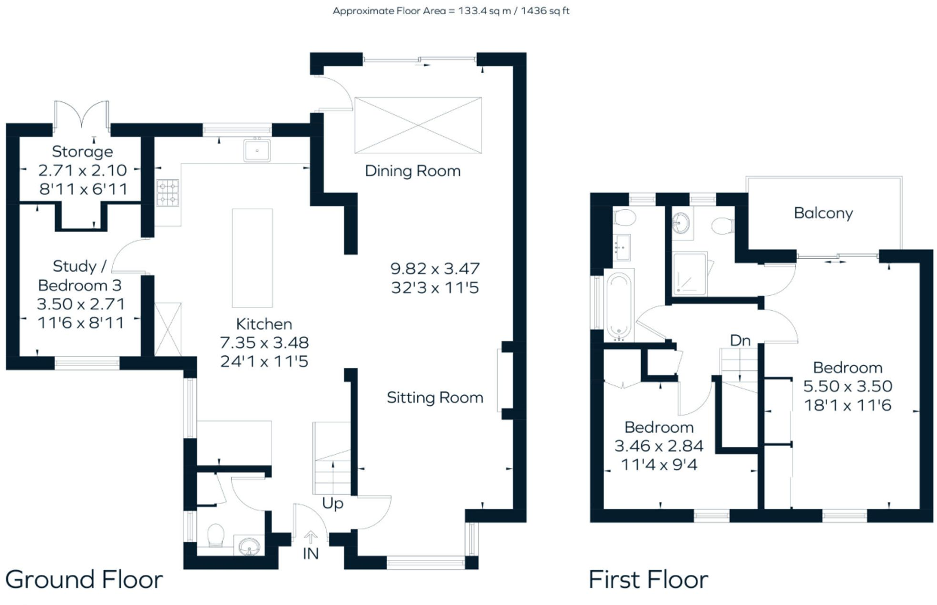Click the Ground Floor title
click(84, 580)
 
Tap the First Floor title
click(648, 580)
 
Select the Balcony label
click(823, 213)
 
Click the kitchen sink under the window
click(257, 151)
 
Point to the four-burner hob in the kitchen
click(168, 193)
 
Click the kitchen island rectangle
click(252, 258)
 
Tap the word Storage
click(82, 152)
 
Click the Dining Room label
click(412, 171)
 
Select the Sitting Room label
click(435, 398)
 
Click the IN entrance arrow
click(310, 538)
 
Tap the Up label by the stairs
click(332, 503)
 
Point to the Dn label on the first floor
click(740, 341)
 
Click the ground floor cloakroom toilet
click(216, 536)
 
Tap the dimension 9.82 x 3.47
click(435, 269)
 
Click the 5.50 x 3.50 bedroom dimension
click(848, 386)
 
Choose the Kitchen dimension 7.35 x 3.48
click(264, 342)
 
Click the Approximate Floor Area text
click(451, 11)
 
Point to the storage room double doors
click(82, 114)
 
